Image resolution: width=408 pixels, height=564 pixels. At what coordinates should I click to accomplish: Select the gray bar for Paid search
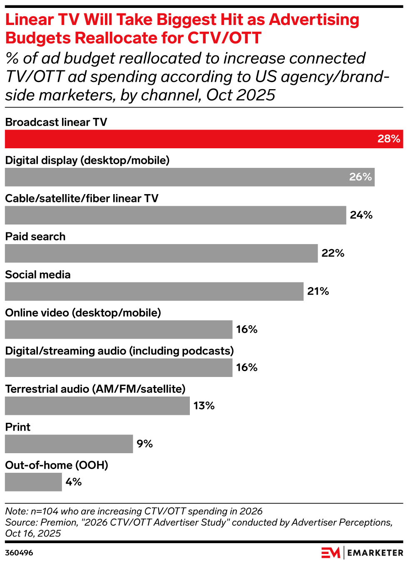(x=161, y=253)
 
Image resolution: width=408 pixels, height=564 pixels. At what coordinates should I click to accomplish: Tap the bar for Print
(x=69, y=444)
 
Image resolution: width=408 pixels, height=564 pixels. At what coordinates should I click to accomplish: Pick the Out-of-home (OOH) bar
(x=33, y=482)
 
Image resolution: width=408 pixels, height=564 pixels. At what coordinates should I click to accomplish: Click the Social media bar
(x=154, y=292)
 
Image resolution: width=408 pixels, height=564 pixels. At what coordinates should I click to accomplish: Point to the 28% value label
(x=389, y=139)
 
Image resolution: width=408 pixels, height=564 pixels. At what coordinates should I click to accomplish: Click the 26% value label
(x=361, y=177)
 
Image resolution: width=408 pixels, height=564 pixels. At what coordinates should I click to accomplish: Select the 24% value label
(x=361, y=215)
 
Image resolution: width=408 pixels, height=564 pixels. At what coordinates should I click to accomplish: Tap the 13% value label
(x=204, y=406)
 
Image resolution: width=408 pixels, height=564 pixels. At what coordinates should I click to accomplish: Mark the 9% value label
(x=145, y=444)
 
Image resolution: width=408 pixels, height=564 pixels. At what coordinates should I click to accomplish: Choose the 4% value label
(x=74, y=482)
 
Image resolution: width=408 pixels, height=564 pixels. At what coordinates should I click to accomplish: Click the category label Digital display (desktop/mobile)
(x=87, y=160)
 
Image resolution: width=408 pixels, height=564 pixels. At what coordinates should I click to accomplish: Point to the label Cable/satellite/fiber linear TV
(x=82, y=198)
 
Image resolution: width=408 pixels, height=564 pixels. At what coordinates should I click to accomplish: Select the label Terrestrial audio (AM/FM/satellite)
(x=95, y=389)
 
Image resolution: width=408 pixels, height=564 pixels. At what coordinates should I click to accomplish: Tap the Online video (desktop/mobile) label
(x=83, y=313)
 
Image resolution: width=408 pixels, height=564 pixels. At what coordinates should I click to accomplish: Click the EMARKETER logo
(x=362, y=553)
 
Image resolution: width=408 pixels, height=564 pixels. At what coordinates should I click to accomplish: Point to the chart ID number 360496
(x=19, y=553)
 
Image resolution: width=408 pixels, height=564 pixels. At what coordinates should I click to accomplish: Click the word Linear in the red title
(x=30, y=20)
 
